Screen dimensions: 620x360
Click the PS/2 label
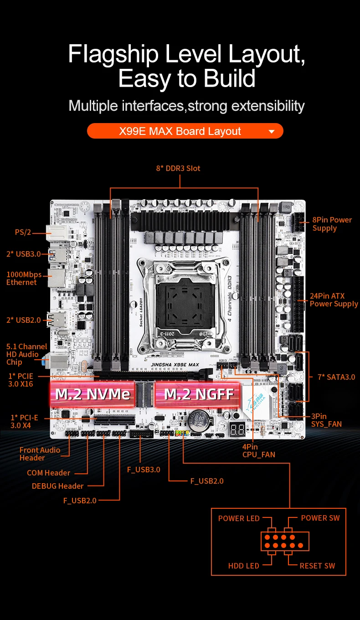tap(23, 232)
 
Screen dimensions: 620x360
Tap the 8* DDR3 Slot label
tap(178, 168)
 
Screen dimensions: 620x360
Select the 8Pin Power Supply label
tap(332, 224)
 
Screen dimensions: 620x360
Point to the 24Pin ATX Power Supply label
tap(334, 300)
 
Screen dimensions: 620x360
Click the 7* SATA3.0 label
tap(336, 377)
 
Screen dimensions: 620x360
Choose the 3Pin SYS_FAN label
tap(326, 420)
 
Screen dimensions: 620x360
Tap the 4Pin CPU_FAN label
tap(258, 450)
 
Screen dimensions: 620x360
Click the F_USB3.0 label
tap(144, 470)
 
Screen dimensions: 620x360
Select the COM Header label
tap(48, 473)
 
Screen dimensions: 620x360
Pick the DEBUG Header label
tap(57, 486)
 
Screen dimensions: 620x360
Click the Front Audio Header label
tap(40, 454)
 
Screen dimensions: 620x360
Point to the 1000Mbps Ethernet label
tap(24, 278)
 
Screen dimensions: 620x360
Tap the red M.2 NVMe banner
tap(93, 394)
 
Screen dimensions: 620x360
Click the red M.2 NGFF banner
tap(199, 394)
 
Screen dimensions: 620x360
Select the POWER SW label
tap(320, 518)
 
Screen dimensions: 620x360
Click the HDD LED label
tap(243, 566)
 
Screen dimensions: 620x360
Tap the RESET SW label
tap(317, 566)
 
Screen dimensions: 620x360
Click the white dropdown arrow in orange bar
tap(272, 132)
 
